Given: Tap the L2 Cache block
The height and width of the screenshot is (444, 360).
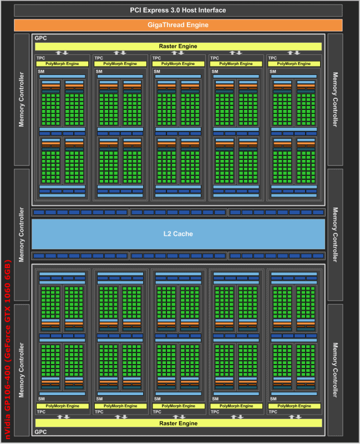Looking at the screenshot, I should (178, 234).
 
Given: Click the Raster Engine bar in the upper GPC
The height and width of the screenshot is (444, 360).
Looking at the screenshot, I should (178, 46).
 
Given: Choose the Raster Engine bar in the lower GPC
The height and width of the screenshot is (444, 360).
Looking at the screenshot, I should (178, 423).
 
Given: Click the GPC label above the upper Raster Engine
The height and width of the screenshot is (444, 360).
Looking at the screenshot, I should (40, 38).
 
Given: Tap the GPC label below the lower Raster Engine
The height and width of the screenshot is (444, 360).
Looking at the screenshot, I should (40, 432).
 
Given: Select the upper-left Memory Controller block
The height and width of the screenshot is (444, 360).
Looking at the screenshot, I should (22, 99).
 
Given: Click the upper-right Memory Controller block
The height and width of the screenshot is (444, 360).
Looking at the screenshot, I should (334, 99).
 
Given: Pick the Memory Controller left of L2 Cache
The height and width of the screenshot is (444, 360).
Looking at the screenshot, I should (22, 234).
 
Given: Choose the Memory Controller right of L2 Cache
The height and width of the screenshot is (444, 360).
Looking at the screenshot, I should (334, 234).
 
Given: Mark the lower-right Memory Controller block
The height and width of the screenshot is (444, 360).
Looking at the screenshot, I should (334, 370).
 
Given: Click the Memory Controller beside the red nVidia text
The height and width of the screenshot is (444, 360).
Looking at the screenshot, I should (22, 370).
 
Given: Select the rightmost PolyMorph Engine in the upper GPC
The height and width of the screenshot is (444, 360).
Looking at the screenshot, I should (293, 64).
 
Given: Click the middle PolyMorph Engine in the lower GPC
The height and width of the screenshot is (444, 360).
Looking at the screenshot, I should (178, 406).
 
